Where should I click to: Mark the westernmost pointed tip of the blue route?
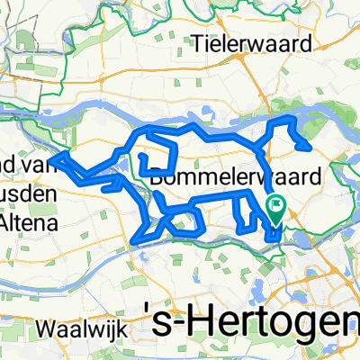[51, 158]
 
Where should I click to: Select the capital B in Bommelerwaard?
[159, 177]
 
